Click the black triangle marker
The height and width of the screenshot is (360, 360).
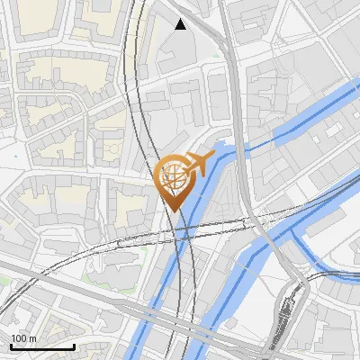pyautogui.click(x=181, y=24)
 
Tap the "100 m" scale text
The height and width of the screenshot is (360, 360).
pyautogui.click(x=23, y=338)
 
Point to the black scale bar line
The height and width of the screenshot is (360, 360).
pyautogui.click(x=41, y=346)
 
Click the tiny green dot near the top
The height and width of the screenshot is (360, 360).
pyautogui.click(x=216, y=54)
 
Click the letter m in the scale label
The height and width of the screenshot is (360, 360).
pyautogui.click(x=32, y=338)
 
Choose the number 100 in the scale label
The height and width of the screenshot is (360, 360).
pyautogui.click(x=19, y=338)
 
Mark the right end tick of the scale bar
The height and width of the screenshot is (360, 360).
pyautogui.click(x=73, y=345)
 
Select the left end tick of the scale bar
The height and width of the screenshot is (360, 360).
pyautogui.click(x=10, y=345)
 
